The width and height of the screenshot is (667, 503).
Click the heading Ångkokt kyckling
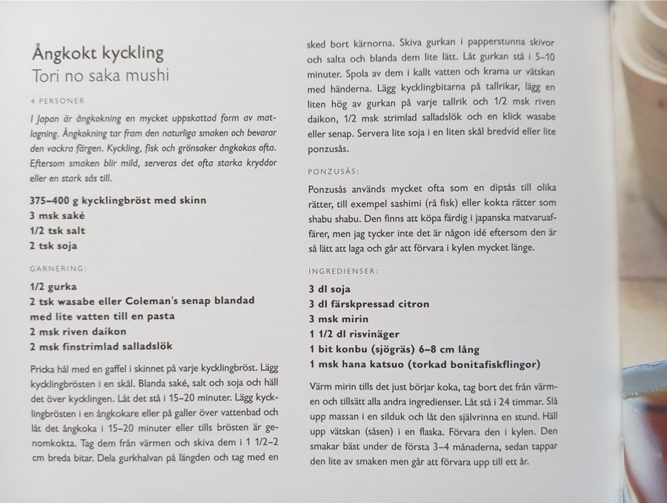point(97,53)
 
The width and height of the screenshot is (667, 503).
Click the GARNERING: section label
point(59,268)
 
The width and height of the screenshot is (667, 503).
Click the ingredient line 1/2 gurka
point(54,286)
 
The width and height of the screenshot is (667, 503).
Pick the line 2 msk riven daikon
point(79,331)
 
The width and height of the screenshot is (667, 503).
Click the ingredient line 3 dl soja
point(329,289)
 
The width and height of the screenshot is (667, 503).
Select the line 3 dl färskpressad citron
point(368,305)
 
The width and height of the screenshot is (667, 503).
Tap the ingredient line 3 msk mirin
point(338,320)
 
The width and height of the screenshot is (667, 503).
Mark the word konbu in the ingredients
point(359,350)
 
